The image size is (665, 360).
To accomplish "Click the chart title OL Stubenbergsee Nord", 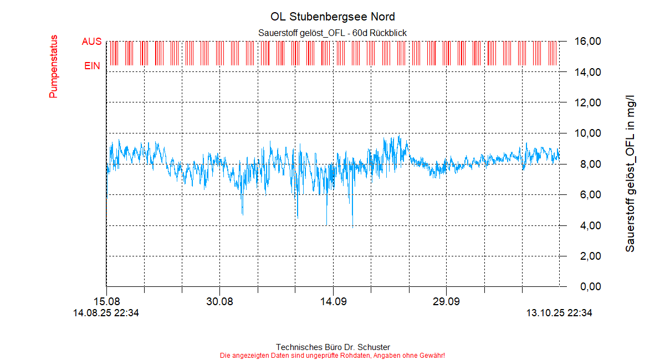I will tap(332, 17).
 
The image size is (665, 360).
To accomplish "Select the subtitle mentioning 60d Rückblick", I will tap(332, 33).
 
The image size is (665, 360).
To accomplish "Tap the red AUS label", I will tap(91, 42).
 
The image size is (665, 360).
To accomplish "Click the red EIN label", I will tap(92, 66).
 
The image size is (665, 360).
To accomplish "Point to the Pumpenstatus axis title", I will tap(54, 67).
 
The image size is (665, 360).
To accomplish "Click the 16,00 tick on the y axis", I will tap(587, 42).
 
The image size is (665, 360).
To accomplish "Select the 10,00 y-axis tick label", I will tap(587, 133).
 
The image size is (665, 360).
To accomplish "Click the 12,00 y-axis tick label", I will tap(587, 103).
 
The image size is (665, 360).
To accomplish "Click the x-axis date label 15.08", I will tap(106, 302).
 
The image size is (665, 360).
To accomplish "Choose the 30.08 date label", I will tap(219, 302).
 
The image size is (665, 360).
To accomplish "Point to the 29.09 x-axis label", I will tap(446, 302).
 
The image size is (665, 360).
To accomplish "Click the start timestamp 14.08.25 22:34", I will tap(106, 313).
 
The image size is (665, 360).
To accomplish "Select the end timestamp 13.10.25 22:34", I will tap(559, 313).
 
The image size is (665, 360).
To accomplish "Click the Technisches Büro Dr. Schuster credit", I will tap(332, 347).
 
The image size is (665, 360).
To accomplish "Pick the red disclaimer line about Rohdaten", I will tap(332, 355).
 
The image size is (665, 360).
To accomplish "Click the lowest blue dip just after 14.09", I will tap(353, 226).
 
